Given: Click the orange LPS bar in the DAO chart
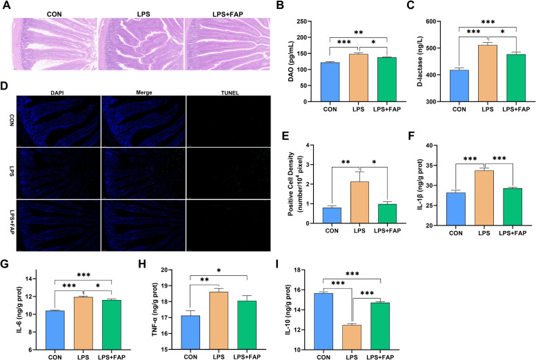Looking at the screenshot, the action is point(358,78).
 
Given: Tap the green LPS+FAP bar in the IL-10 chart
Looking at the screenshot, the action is point(380,326).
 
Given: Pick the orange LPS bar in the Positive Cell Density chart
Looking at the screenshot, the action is point(359,202).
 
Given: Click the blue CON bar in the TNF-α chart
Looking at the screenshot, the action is point(190,332).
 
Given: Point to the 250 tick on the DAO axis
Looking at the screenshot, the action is point(301,21).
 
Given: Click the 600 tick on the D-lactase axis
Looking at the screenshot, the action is point(430,21).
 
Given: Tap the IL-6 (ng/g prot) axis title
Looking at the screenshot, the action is point(28,310).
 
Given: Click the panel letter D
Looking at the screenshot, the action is point(4,86).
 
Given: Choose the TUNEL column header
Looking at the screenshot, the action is point(230,92).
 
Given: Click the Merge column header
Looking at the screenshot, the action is point(144,92).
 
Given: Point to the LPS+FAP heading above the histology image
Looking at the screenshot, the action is point(228,14).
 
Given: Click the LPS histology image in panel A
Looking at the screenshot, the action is point(141,44).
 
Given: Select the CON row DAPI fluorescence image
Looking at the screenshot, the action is point(59,121).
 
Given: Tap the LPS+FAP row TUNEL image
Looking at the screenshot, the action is point(229,226).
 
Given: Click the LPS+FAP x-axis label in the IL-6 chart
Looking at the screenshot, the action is point(112,357).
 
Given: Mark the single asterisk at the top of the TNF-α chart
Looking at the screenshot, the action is point(219,271).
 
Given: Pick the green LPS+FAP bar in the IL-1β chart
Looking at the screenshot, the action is point(513,207).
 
